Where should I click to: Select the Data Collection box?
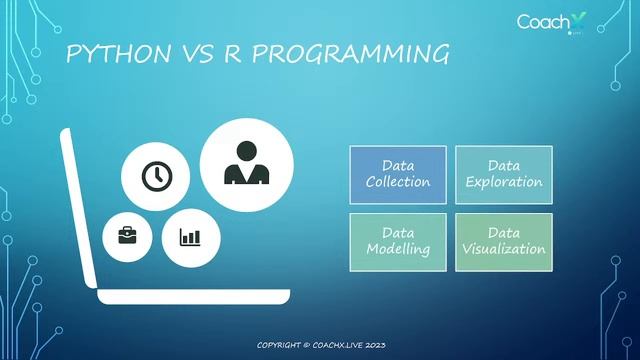tap(398, 173)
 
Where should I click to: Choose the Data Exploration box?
tap(503, 173)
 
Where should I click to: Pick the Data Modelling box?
tap(398, 240)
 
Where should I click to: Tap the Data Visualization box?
tap(503, 240)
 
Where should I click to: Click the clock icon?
tap(155, 176)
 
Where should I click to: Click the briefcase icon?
tap(128, 237)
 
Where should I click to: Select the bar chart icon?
tap(190, 237)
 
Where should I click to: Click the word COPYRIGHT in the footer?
tap(286, 345)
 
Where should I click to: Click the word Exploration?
tap(503, 182)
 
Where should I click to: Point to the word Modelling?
tap(398, 249)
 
